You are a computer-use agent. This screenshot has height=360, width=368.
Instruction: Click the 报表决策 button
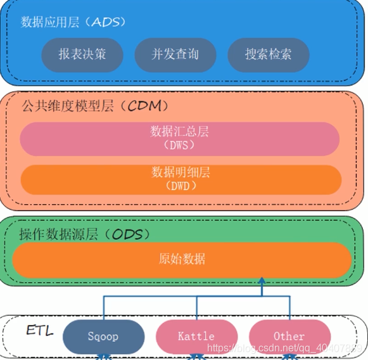click(x=82, y=55)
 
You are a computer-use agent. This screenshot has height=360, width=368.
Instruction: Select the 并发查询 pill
click(x=175, y=55)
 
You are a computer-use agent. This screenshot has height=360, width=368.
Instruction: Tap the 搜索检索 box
click(x=268, y=55)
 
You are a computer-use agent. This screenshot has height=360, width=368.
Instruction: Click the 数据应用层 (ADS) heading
click(x=73, y=22)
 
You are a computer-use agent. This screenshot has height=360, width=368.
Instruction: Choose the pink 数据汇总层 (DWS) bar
click(x=180, y=138)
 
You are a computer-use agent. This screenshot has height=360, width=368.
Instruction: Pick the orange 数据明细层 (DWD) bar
click(x=180, y=179)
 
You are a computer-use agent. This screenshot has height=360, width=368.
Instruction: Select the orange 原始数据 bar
click(x=182, y=259)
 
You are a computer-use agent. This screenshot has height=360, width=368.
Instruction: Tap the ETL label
click(x=40, y=330)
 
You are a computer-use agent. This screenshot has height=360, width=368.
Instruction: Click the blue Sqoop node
click(x=103, y=336)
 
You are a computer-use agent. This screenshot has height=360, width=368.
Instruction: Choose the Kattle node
click(x=196, y=336)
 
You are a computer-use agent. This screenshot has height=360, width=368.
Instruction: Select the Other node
click(x=289, y=336)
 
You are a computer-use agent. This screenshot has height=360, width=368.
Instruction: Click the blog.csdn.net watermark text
click(x=284, y=348)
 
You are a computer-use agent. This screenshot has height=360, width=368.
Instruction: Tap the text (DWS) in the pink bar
click(x=180, y=145)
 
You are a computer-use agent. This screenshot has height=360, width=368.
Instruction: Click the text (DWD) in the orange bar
click(x=180, y=186)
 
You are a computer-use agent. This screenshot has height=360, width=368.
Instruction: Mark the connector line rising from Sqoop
click(x=103, y=309)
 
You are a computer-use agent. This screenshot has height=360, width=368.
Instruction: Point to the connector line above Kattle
click(x=196, y=309)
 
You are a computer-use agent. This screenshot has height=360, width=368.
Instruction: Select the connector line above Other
click(x=289, y=309)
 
